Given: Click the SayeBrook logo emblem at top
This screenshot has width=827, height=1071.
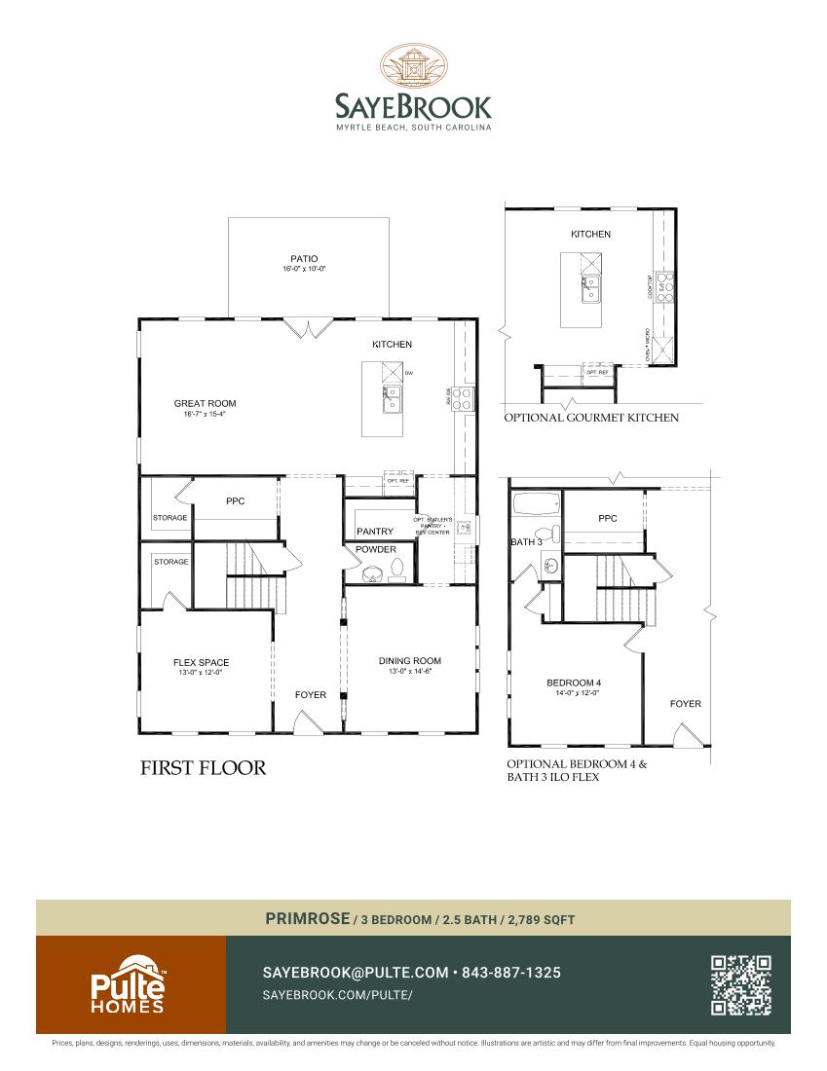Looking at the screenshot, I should [x=413, y=66].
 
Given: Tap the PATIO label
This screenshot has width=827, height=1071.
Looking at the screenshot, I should [x=303, y=259].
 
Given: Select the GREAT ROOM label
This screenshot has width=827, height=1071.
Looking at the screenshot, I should [x=205, y=403].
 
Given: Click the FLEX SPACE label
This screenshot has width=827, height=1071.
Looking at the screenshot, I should [x=202, y=663].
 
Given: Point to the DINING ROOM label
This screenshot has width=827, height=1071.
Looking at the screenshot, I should [x=410, y=661].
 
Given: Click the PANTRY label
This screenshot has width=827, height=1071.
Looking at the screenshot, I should [x=375, y=532].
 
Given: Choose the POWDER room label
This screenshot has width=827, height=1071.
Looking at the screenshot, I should [x=376, y=550].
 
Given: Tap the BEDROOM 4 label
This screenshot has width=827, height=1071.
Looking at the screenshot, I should [x=574, y=683].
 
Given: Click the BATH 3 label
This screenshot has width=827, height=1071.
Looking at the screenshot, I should [x=526, y=541].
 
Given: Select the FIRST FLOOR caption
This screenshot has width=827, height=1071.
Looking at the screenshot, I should [x=204, y=768].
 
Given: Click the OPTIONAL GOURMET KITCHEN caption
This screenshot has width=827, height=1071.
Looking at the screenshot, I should [x=590, y=418].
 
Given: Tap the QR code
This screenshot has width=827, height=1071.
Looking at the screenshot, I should [x=741, y=985].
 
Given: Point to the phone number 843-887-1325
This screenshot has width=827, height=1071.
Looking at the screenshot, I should [x=510, y=973].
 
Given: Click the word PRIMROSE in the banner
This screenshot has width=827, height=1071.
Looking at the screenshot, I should [x=308, y=918].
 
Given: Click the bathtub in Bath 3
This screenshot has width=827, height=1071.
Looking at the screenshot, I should [x=537, y=506].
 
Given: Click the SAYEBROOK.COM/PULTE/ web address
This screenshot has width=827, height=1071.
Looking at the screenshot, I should [x=338, y=995].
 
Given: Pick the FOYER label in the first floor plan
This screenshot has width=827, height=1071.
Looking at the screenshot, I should [x=311, y=695].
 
